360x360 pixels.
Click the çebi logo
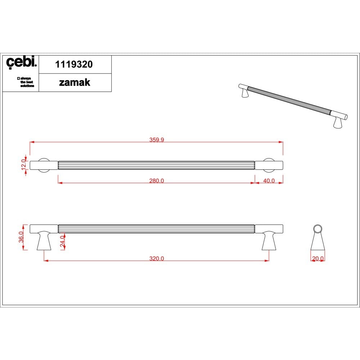coord(21,62)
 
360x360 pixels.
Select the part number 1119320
coord(74,64)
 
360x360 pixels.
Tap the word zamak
coord(75,83)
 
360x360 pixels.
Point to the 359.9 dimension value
coord(157,140)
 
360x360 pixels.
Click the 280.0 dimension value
coord(157,181)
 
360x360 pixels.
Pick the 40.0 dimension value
coord(269,181)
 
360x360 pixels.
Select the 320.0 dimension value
coord(157,258)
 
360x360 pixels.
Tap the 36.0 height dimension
coord(21,237)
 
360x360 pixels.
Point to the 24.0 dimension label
coord(63,241)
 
